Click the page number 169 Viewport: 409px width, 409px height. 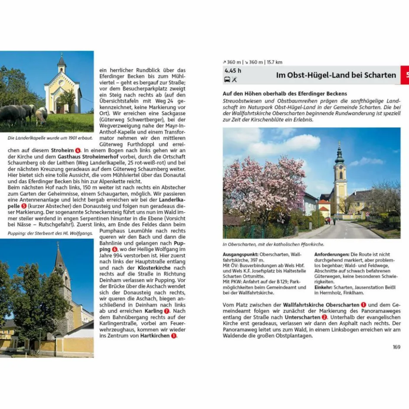(396, 347)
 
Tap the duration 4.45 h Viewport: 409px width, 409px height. (233, 71)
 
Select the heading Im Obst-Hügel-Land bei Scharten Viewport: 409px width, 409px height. (336, 75)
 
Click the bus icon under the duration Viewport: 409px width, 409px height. (227, 79)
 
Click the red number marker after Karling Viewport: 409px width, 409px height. (166, 311)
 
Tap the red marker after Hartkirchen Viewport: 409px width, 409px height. (174, 335)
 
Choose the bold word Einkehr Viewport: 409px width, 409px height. (323, 287)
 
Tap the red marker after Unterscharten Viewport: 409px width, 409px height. (324, 317)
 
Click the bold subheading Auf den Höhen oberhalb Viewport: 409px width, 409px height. (285, 93)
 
